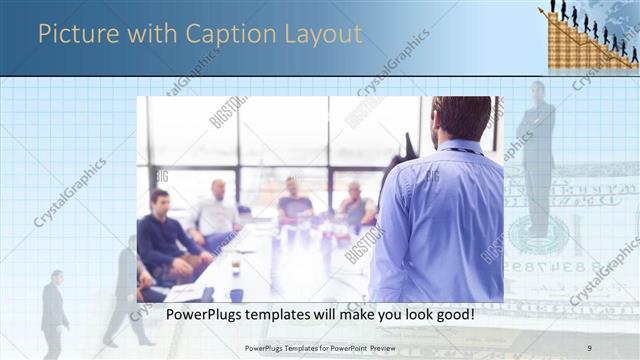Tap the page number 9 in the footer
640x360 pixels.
click(x=588, y=347)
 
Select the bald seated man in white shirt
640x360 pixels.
click(x=217, y=213)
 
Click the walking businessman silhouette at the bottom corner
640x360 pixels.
click(x=53, y=315)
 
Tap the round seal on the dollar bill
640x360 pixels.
click(x=538, y=236)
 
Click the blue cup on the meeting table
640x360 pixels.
click(x=236, y=295)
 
